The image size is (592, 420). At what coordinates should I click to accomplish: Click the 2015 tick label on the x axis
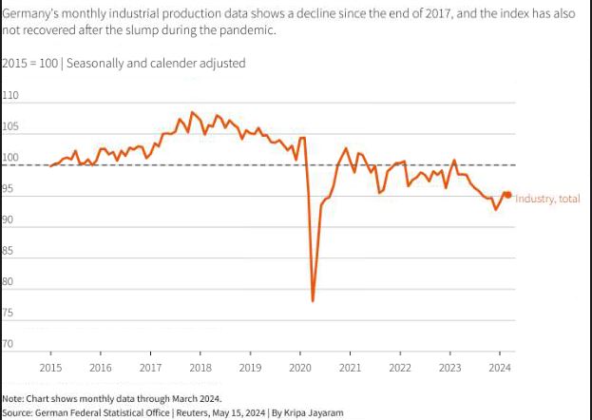[x=50, y=367]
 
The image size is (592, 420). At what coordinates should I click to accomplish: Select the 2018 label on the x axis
[x=200, y=367]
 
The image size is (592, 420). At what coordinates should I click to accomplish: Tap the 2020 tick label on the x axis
[x=299, y=367]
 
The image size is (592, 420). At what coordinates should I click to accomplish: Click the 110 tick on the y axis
[x=10, y=97]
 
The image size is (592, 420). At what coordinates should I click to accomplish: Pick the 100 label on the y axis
[x=10, y=159]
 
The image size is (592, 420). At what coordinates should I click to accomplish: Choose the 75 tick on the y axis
[x=9, y=313]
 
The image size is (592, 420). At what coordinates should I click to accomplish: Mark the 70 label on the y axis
[x=9, y=344]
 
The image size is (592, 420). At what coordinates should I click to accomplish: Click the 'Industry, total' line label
[x=548, y=198]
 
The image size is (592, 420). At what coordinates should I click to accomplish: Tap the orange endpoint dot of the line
[x=508, y=195]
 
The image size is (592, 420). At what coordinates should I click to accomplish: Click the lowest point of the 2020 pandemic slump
[x=313, y=301]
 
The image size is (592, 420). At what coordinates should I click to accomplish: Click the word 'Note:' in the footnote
[x=13, y=398]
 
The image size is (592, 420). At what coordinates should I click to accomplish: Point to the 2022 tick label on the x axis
[x=399, y=367]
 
